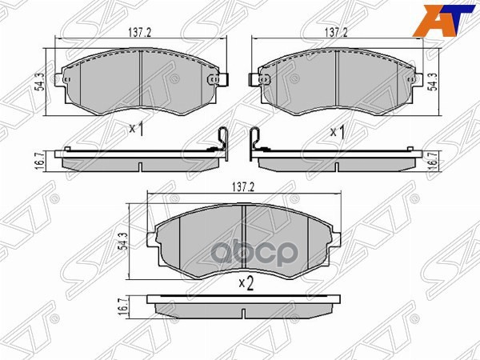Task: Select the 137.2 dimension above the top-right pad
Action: (336, 33)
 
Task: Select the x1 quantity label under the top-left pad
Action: (135, 128)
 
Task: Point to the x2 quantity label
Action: (246, 282)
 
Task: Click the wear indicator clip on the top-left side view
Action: (223, 140)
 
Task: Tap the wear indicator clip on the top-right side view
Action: (255, 140)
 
